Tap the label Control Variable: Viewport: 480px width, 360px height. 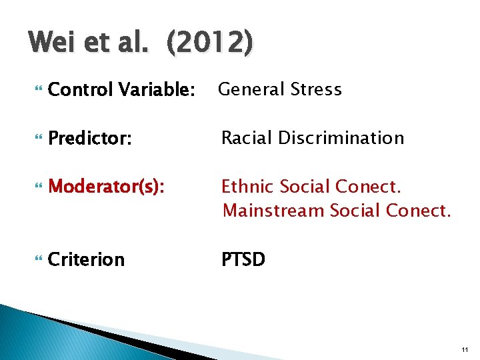122,89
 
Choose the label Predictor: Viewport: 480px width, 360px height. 90,138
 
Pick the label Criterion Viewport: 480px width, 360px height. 87,259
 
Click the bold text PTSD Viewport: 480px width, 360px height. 243,259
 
